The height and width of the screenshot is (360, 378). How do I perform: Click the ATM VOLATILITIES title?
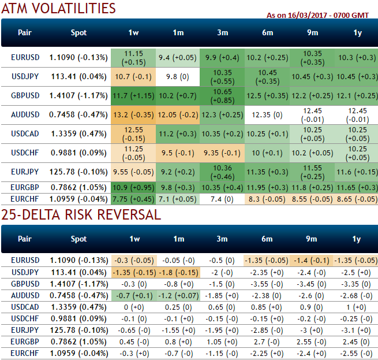[58, 8]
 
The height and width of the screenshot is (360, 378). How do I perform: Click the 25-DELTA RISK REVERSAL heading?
[80, 215]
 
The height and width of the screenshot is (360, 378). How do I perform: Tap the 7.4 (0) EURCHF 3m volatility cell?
[223, 199]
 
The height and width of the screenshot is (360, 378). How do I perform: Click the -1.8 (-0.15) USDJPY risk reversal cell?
[179, 272]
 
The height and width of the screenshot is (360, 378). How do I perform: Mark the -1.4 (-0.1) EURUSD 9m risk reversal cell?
[312, 260]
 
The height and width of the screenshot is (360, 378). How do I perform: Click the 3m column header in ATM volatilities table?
[223, 32]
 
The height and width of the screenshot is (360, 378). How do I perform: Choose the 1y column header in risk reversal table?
[357, 238]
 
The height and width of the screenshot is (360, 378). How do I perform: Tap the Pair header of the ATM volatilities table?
[25, 32]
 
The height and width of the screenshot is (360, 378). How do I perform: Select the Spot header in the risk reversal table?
[78, 238]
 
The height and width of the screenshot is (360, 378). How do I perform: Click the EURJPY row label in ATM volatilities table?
[25, 172]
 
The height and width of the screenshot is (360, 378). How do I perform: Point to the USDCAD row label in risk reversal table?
[25, 306]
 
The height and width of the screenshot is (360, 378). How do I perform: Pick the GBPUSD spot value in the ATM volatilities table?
[78, 95]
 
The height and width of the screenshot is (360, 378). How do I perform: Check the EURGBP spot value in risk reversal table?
[78, 341]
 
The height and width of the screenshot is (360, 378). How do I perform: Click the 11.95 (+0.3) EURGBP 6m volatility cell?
[267, 187]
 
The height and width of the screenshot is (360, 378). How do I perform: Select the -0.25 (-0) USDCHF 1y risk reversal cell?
[357, 318]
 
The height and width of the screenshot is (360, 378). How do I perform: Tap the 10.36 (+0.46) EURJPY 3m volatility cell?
[223, 172]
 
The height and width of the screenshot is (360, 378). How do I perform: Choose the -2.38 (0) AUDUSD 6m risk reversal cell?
[267, 295]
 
